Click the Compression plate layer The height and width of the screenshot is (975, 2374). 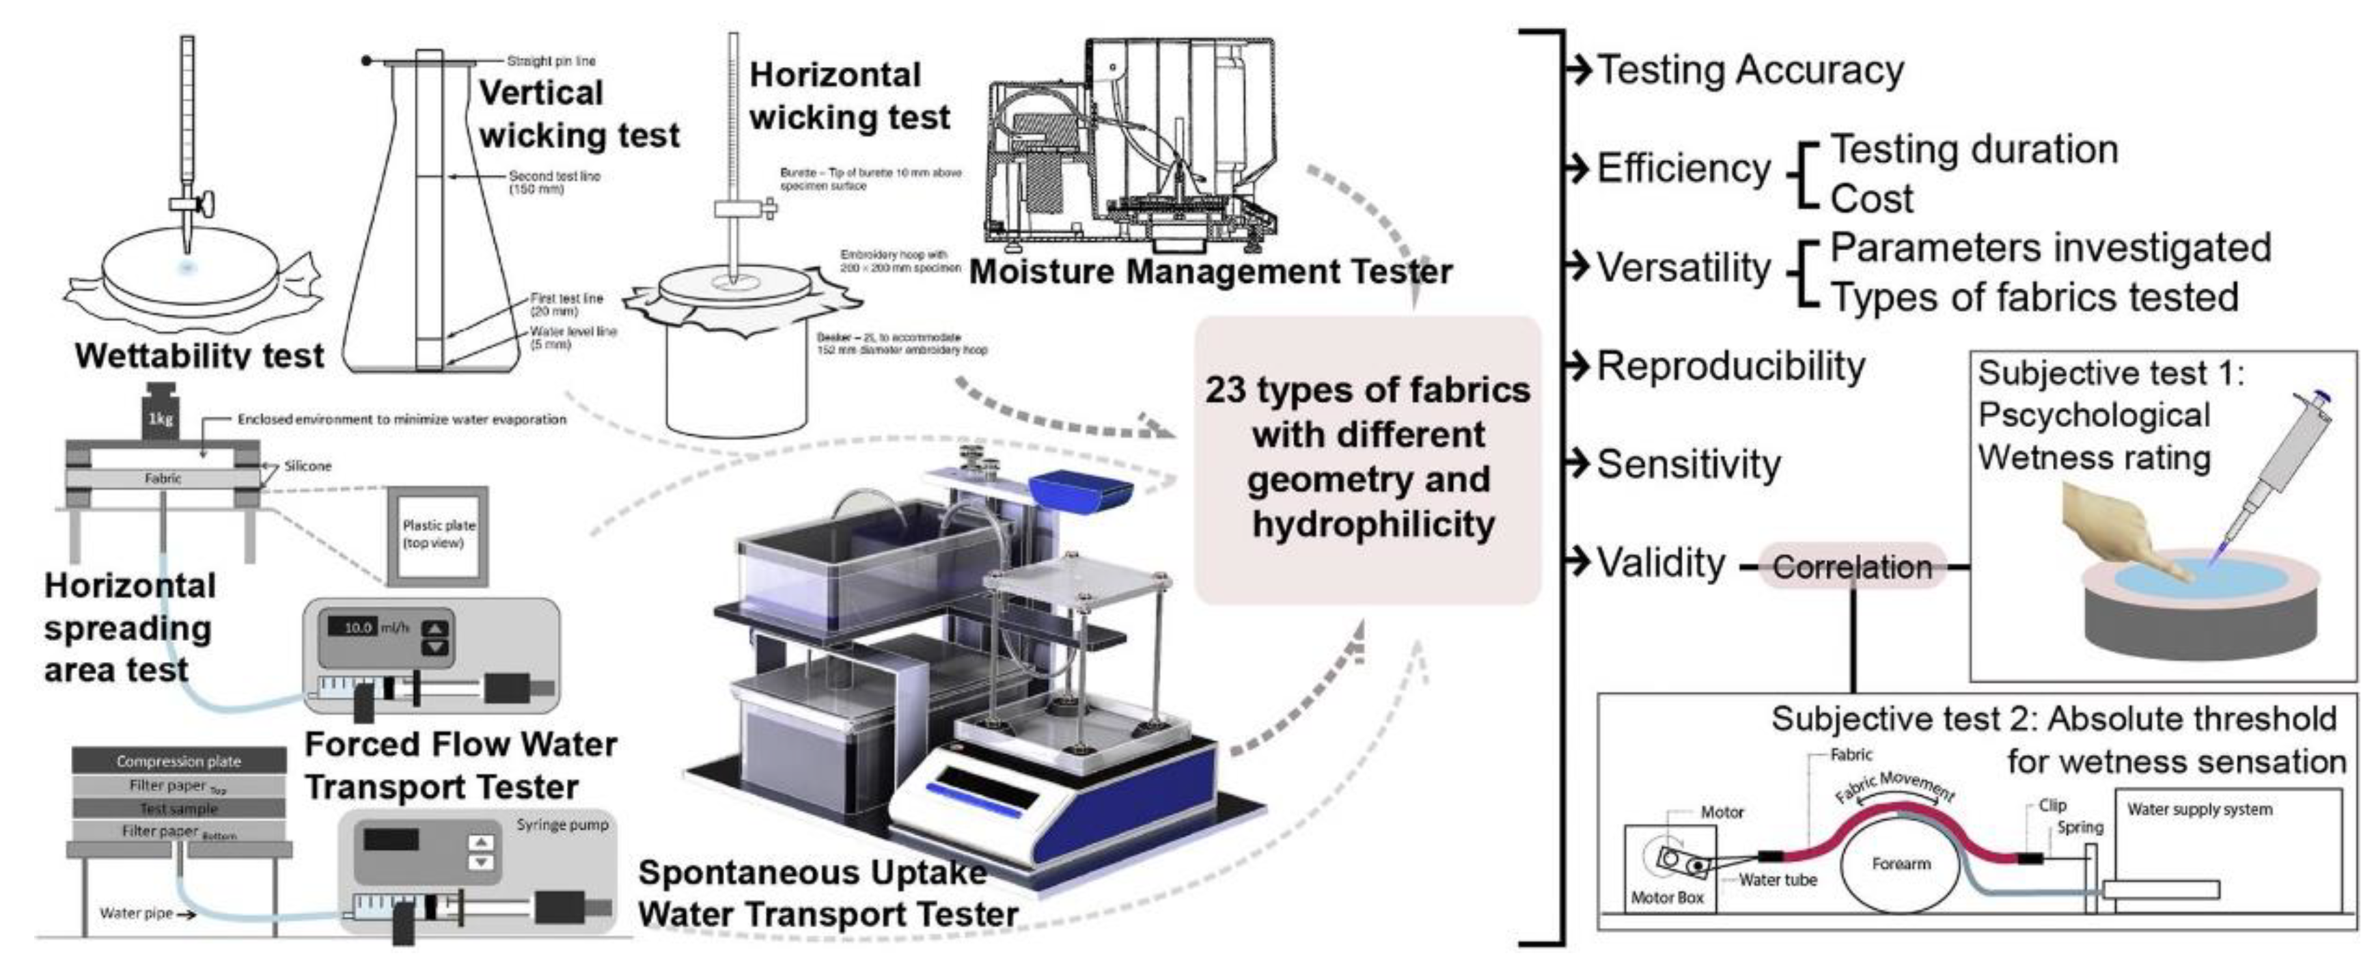pos(179,761)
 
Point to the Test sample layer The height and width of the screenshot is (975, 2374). pos(179,808)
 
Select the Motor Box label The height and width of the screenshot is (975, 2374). pos(1667,896)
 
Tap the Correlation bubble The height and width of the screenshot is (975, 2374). pos(1851,566)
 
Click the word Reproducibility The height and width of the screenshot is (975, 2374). pos(1730,366)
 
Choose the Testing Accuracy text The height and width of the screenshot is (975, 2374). pos(1749,70)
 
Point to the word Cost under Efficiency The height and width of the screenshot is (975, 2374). pos(1871,198)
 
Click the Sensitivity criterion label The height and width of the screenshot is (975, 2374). pos(1688,463)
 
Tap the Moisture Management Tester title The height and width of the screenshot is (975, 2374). pos(1210,272)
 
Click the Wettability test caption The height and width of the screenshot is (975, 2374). pos(199,356)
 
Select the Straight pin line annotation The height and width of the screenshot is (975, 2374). pos(551,61)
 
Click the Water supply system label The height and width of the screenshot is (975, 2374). pos(2199,809)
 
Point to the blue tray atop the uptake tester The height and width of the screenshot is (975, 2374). pos(1079,489)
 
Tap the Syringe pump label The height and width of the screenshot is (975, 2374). pos(562,824)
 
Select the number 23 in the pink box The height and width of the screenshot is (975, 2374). pos(1225,390)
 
